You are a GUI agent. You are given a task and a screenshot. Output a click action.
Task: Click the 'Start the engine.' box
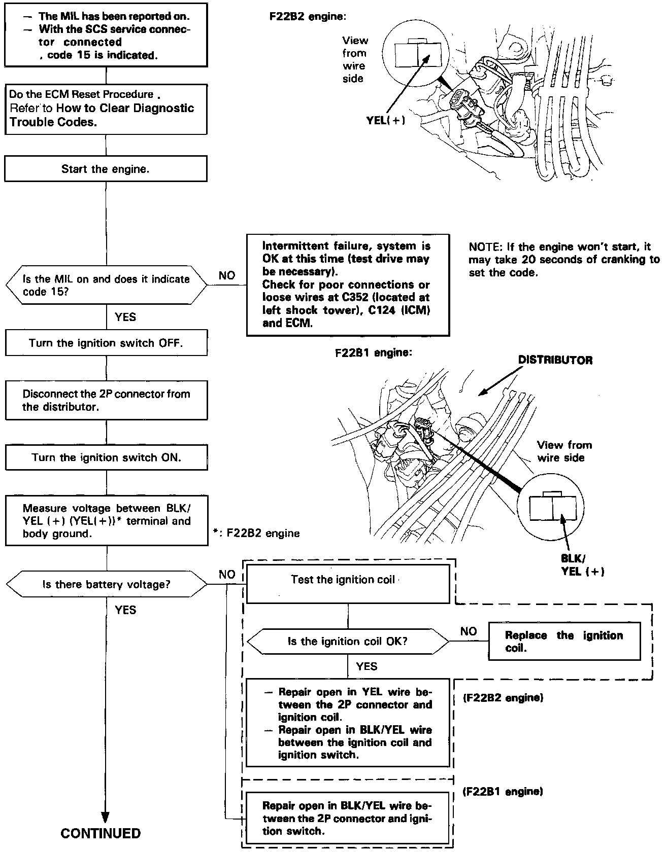point(106,169)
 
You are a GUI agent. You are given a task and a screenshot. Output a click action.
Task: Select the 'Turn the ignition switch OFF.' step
point(106,343)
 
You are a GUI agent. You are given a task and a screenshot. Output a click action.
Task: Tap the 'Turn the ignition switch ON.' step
point(106,457)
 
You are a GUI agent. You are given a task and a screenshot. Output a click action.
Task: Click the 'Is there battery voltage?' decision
point(106,584)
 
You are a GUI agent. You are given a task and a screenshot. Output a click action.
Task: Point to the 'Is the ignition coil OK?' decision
point(347,642)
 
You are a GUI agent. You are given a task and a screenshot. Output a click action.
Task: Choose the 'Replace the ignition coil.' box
point(563,642)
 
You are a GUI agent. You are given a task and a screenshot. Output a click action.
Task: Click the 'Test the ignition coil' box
point(348,580)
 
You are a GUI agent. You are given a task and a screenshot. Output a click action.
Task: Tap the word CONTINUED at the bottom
point(101,833)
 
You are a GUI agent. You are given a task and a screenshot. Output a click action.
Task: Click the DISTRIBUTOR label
point(555,360)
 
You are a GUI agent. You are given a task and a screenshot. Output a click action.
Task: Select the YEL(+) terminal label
point(386,121)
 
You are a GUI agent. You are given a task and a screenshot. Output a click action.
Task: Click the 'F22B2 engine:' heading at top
point(308,16)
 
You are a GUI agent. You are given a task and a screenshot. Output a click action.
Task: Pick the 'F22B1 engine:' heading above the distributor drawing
point(373,352)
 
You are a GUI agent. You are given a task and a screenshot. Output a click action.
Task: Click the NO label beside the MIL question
point(227,275)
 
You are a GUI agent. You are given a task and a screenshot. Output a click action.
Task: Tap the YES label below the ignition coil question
point(367,666)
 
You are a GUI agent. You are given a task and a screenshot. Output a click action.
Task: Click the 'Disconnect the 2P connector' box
point(106,400)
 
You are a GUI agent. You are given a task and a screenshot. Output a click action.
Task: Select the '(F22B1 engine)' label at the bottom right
point(503,791)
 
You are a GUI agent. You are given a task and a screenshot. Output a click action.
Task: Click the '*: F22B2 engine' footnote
point(257,533)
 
